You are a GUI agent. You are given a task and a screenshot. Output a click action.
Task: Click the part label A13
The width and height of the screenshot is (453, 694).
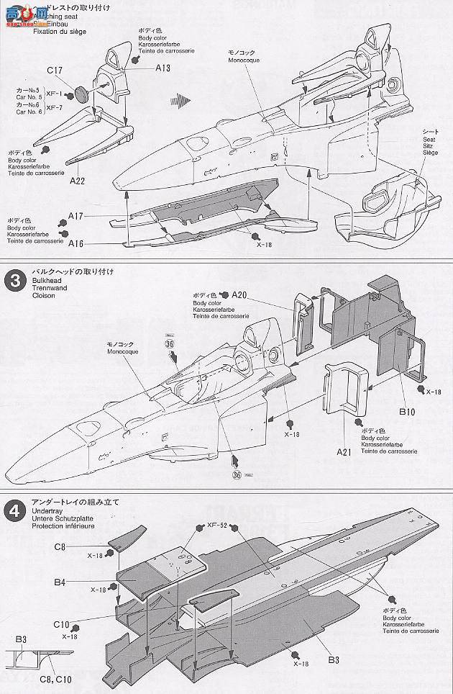click(162, 68)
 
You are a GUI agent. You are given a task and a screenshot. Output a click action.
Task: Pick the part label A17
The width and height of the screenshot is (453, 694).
click(76, 215)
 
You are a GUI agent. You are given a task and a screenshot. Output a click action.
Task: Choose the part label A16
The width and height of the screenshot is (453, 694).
click(76, 244)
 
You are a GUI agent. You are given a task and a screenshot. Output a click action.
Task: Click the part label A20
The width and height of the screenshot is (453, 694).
click(239, 294)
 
